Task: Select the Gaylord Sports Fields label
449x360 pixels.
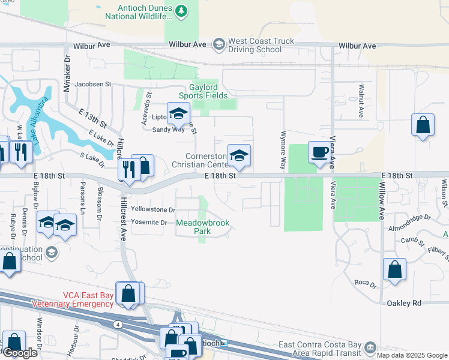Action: click(203, 91)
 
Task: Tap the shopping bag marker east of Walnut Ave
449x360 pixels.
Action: click(423, 126)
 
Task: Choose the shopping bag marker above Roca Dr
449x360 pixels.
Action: click(394, 270)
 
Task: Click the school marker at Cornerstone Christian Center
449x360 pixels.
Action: click(239, 156)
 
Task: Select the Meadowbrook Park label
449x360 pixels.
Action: click(203, 227)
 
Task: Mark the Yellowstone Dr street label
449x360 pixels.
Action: click(154, 210)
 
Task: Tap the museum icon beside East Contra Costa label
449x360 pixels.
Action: click(370, 347)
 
